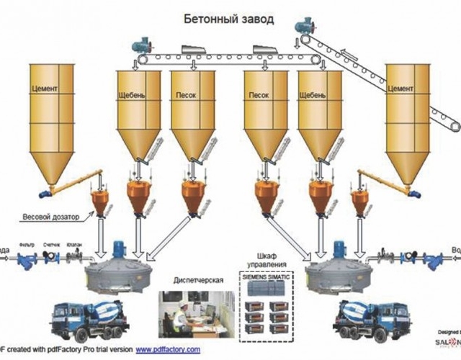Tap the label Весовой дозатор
[60, 215]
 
